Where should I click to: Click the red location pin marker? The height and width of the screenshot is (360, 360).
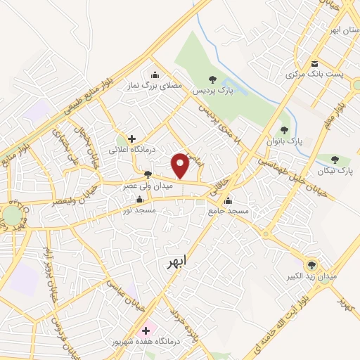tap(181, 165)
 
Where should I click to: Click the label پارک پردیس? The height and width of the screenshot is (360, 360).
tap(213, 92)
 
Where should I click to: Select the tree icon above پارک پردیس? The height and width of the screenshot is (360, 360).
tap(213, 79)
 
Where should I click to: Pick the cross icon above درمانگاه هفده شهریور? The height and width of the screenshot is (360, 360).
tap(146, 329)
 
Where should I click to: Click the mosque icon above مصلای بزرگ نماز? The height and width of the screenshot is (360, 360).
tap(155, 75)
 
